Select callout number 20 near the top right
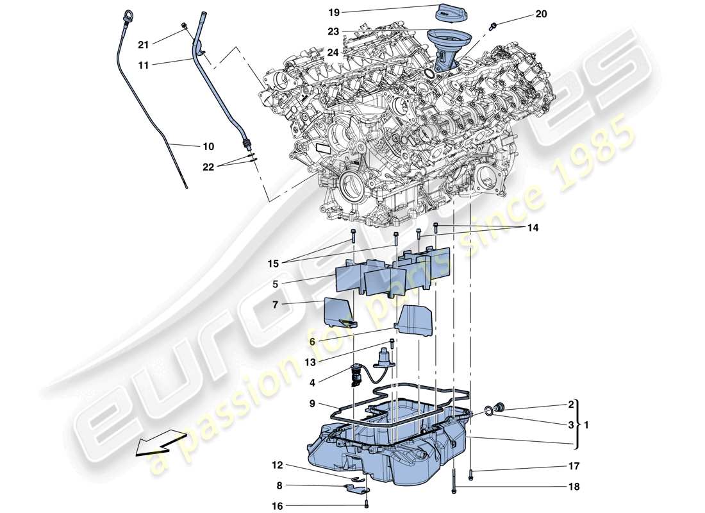point(541,14)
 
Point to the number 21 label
point(144,44)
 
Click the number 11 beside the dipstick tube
point(144,64)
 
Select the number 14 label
point(533,228)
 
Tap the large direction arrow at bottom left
point(156,442)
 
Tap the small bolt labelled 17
point(471,475)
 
